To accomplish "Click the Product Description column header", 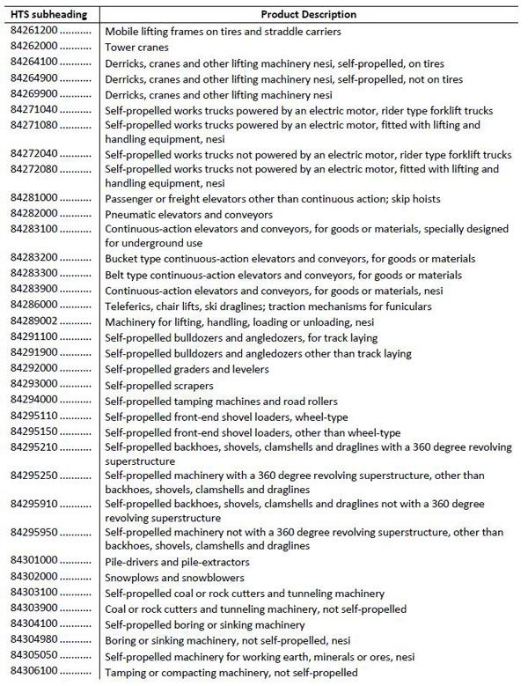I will [309, 15].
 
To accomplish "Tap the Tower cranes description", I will [137, 48].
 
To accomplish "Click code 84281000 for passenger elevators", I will [34, 198].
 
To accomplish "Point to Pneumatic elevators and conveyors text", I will [188, 214].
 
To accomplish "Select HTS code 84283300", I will [34, 274].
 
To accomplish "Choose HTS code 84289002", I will [34, 321].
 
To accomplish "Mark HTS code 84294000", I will [34, 401].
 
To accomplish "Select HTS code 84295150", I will [34, 432].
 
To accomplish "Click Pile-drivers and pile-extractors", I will [177, 562].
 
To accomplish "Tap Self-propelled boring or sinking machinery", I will [205, 625].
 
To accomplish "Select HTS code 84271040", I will [34, 111].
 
